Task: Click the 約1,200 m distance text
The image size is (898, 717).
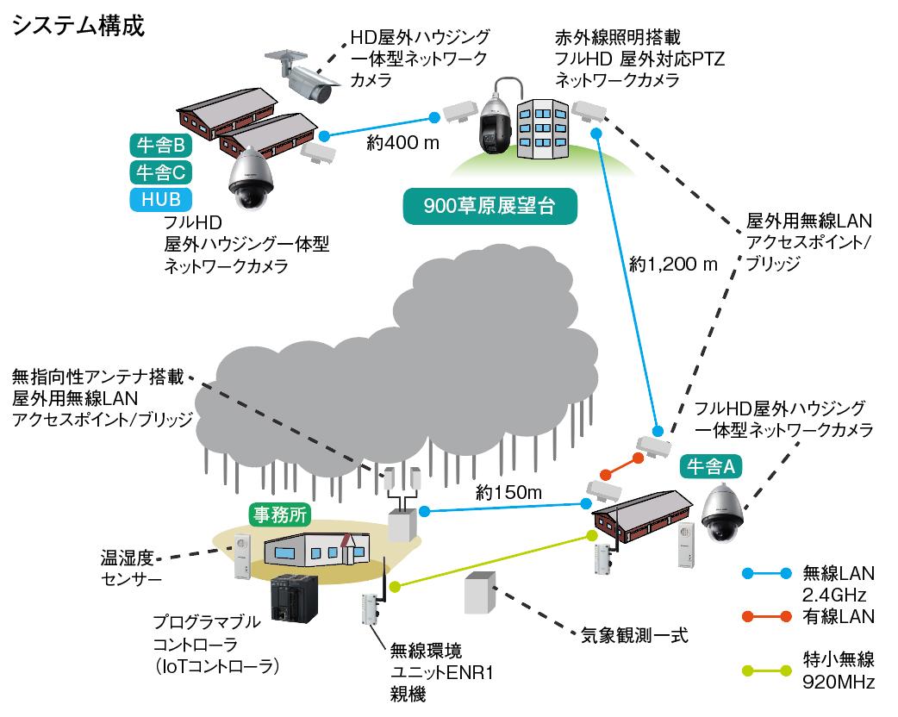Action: [x=673, y=264]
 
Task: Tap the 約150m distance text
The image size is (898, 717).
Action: [x=508, y=493]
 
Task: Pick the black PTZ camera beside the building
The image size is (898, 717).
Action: [x=496, y=125]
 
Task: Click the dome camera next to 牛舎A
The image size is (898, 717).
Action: [x=722, y=514]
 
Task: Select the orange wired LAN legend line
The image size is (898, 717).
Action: [x=766, y=616]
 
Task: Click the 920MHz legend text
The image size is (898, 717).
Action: [x=839, y=683]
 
